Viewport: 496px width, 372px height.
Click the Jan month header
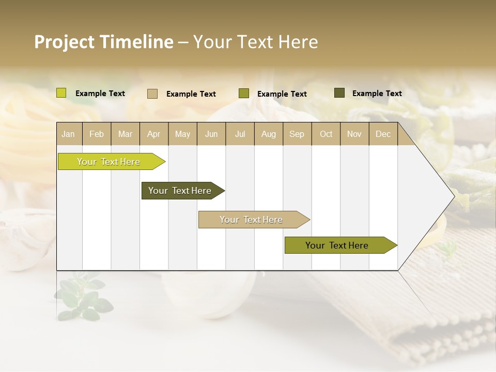click(68, 134)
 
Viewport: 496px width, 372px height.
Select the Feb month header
click(97, 134)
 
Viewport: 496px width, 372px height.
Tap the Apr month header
click(153, 134)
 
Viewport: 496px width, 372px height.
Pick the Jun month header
click(211, 134)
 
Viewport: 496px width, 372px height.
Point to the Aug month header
click(268, 134)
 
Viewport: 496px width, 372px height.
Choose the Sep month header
click(297, 134)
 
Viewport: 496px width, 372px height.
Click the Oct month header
click(326, 134)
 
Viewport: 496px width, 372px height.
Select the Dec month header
click(383, 134)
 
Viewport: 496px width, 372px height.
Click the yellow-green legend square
click(61, 93)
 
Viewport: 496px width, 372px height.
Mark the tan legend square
click(152, 94)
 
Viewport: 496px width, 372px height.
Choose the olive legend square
click(244, 94)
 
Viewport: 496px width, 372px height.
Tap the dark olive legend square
click(339, 93)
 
